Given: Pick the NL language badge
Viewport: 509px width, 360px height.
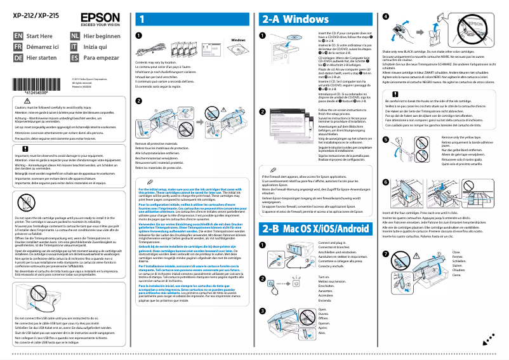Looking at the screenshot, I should (75, 37).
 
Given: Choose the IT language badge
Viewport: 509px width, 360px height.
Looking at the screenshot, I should (75, 47).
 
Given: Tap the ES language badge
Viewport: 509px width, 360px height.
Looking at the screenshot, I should (75, 57).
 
